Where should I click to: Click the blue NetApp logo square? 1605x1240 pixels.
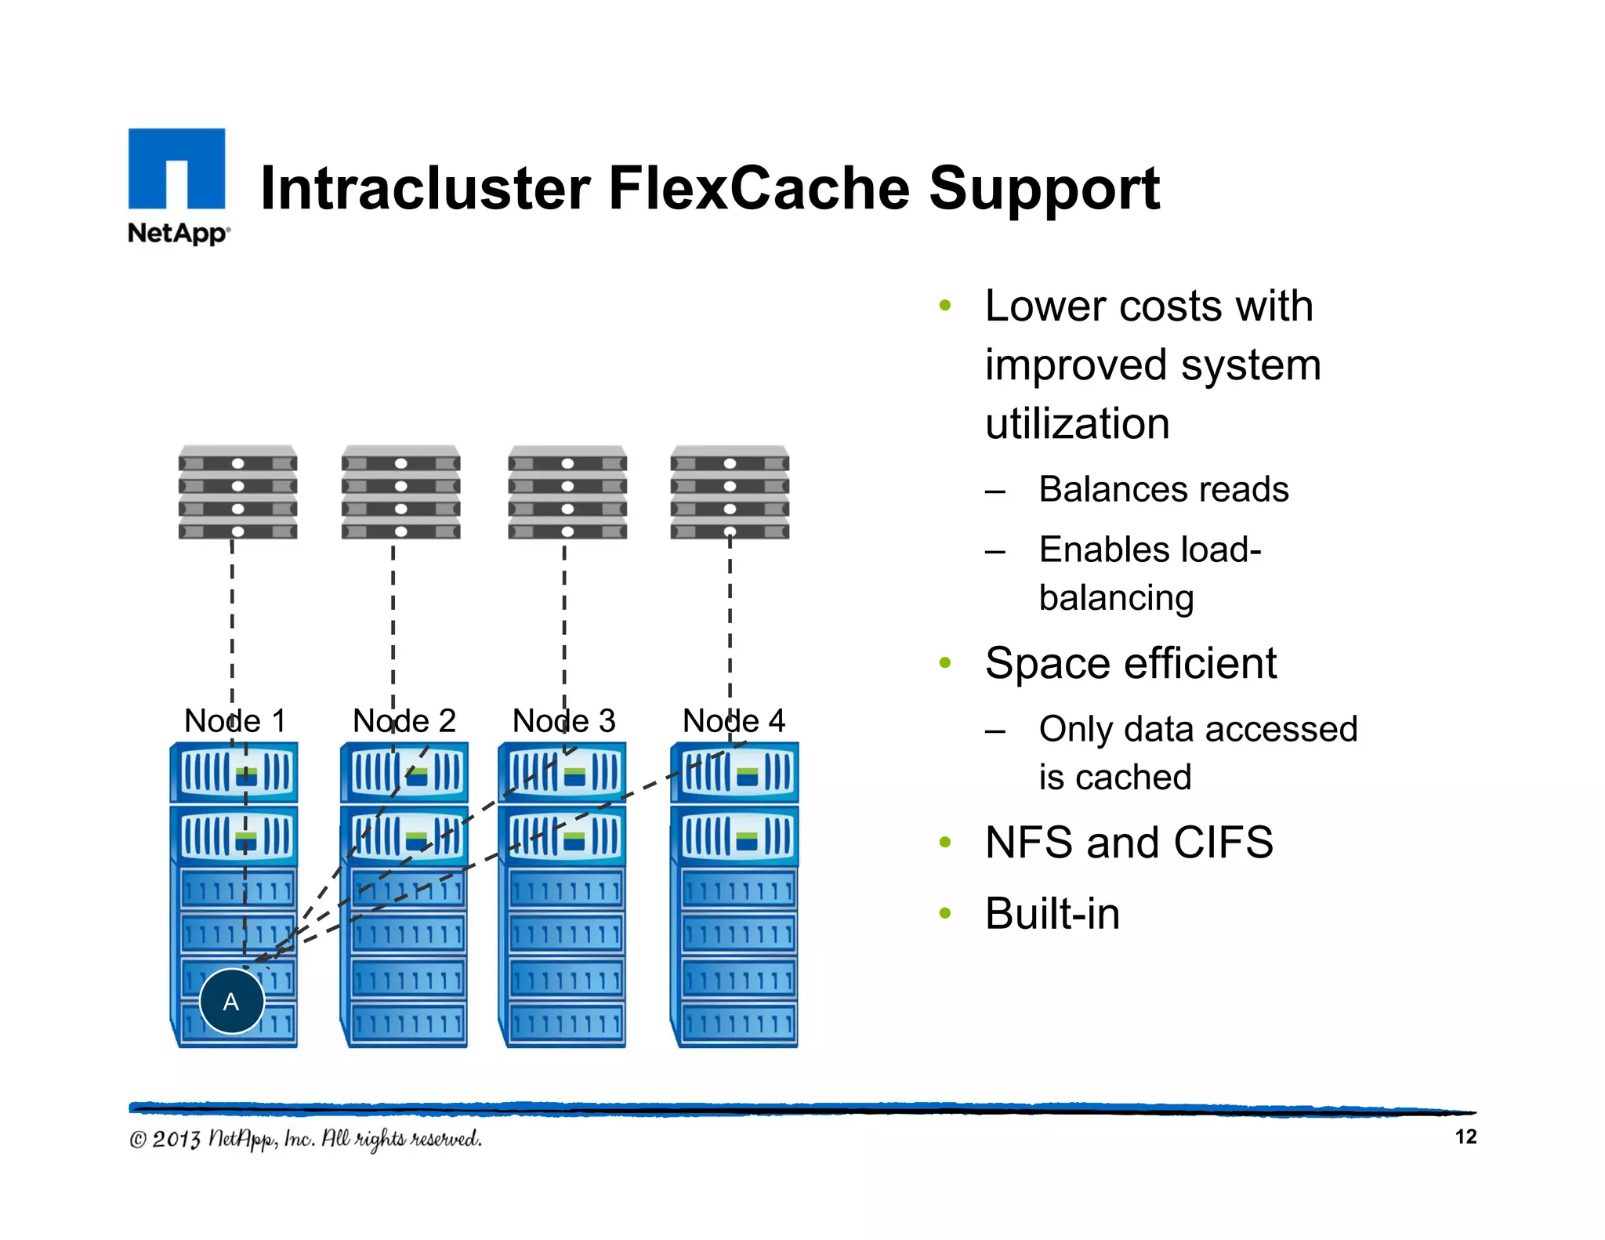[x=176, y=169]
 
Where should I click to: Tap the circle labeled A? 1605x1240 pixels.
[x=231, y=1001]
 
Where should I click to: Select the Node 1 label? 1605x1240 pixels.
[x=234, y=720]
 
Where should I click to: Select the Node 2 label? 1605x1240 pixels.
[x=404, y=720]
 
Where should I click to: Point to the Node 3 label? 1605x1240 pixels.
[x=563, y=720]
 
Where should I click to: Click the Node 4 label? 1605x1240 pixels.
[x=734, y=720]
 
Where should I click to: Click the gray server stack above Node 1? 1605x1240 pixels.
[x=237, y=493]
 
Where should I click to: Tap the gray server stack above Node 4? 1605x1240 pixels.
[x=730, y=493]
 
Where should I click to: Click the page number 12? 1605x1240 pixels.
[x=1466, y=1137]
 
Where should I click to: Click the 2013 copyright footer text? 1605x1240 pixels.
[x=306, y=1139]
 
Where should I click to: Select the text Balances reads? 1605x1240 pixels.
[x=1163, y=489]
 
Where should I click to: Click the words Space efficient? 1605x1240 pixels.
[x=1130, y=663]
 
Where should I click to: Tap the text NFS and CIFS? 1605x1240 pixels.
[x=1129, y=843]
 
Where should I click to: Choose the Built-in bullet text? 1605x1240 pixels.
[x=1052, y=913]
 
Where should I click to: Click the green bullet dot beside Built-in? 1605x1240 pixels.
[x=945, y=913]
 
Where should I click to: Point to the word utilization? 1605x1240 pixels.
[x=1077, y=424]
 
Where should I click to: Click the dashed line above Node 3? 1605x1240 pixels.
[x=564, y=619]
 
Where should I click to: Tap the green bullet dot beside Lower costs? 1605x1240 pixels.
[x=945, y=306]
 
